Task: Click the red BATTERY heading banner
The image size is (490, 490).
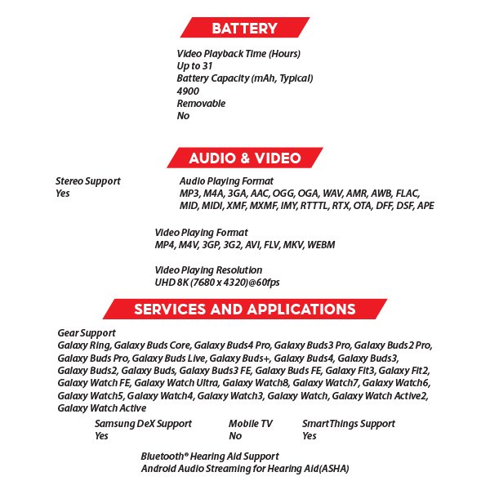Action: click(x=244, y=29)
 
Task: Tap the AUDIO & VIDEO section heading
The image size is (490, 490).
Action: click(x=244, y=158)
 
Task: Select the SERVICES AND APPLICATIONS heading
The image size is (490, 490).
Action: click(x=244, y=310)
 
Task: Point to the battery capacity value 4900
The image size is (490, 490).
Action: click(x=188, y=91)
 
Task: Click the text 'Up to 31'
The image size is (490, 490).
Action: click(x=195, y=66)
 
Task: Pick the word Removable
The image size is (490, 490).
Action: click(x=201, y=104)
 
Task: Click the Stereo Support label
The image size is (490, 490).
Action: click(x=87, y=181)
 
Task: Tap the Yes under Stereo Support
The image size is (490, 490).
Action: click(x=63, y=194)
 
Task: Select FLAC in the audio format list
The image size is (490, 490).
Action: click(x=405, y=194)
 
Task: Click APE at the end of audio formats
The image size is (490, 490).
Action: click(x=425, y=206)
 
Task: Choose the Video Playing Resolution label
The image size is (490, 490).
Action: click(x=208, y=270)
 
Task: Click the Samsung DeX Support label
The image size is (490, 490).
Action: click(x=143, y=424)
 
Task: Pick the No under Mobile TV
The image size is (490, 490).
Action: click(x=235, y=436)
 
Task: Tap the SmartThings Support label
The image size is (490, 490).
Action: click(x=348, y=424)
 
